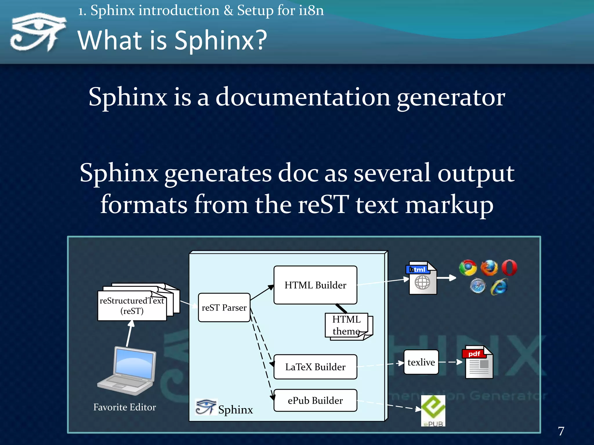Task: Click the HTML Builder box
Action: pos(315,285)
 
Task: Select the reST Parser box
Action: pos(224,307)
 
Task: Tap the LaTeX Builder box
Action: pos(315,367)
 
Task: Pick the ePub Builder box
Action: pos(315,400)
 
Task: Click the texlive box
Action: pos(421,362)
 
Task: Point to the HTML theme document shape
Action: pos(348,326)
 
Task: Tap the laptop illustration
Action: pos(128,371)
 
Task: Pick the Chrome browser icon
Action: pos(468,267)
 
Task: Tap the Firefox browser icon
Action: pos(489,267)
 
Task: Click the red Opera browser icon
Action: pos(509,267)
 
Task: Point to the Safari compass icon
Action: pos(478,286)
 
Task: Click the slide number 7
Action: pos(561,431)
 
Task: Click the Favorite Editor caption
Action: pos(125,407)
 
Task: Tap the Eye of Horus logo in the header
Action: pos(38,32)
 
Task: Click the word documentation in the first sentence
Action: pos(303,97)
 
